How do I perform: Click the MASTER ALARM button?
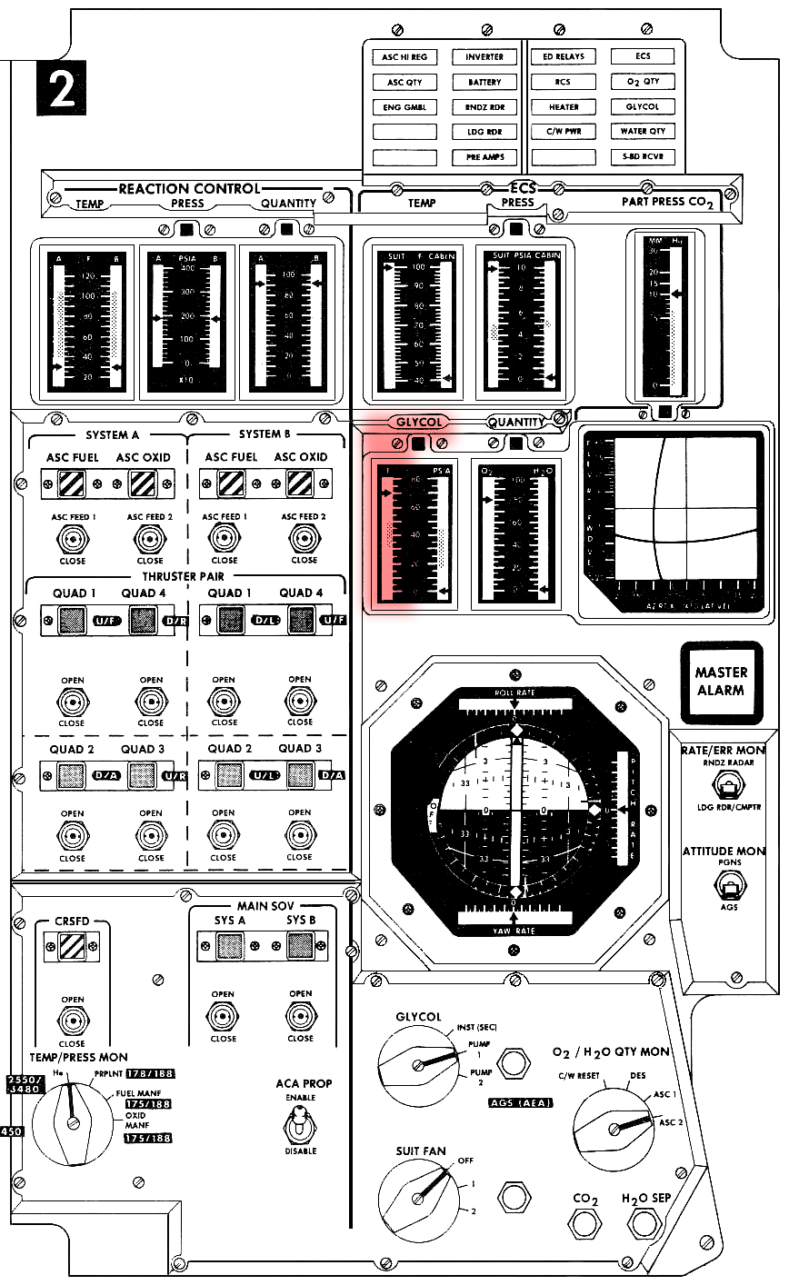click(720, 682)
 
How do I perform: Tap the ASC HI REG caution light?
click(404, 56)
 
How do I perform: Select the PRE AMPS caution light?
click(484, 157)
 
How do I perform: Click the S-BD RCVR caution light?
click(643, 157)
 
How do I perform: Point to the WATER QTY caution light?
click(643, 132)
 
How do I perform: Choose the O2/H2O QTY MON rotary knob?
click(614, 1129)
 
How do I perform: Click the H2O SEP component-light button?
click(645, 1227)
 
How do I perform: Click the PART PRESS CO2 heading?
click(667, 202)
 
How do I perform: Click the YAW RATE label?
click(515, 929)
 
